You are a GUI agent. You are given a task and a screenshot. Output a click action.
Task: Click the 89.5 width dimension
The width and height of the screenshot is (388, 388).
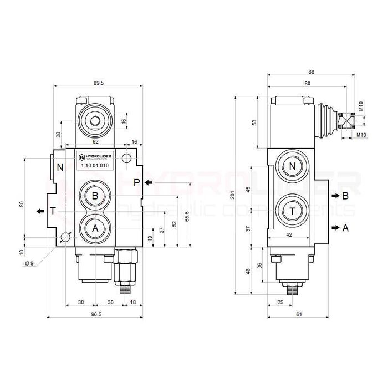[99, 83]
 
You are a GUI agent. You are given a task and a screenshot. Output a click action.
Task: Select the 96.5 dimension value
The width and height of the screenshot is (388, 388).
[95, 314]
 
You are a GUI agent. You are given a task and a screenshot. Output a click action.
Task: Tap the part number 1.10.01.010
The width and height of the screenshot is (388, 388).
[95, 165]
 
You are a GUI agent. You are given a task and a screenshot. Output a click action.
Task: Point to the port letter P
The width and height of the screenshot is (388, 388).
[136, 183]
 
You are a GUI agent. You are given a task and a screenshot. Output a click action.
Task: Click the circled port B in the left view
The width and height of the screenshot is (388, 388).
[95, 196]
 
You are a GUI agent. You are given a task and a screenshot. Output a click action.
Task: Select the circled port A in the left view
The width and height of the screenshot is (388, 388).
[95, 228]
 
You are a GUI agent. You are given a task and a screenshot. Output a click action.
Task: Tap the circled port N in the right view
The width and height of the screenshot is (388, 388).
[292, 167]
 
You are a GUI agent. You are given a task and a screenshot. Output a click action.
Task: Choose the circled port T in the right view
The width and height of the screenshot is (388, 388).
[292, 211]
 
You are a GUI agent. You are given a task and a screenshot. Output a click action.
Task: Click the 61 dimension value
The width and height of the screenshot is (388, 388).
[299, 314]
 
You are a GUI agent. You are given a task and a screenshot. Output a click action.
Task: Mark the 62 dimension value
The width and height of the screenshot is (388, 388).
[95, 142]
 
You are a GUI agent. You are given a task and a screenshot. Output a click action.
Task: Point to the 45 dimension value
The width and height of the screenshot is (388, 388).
[248, 189]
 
